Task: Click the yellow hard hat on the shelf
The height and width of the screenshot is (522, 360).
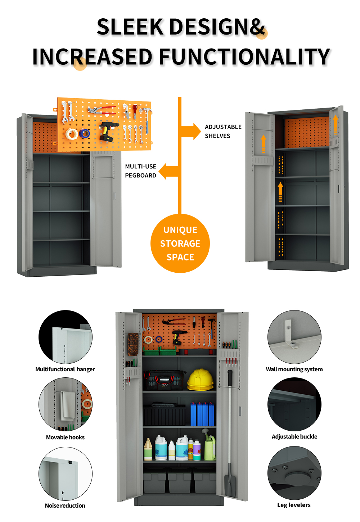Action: pyautogui.click(x=201, y=380)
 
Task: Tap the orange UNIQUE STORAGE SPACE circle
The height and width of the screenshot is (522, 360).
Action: pyautogui.click(x=180, y=244)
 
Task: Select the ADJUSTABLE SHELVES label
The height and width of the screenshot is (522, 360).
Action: pyautogui.click(x=223, y=131)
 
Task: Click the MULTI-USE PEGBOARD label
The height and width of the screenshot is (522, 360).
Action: pyautogui.click(x=140, y=171)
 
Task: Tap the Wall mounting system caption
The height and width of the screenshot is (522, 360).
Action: pyautogui.click(x=294, y=369)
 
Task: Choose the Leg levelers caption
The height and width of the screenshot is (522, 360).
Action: pyautogui.click(x=294, y=505)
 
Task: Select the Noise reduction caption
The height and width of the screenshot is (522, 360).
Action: pyautogui.click(x=65, y=505)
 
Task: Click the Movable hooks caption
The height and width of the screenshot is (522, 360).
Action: pyautogui.click(x=65, y=437)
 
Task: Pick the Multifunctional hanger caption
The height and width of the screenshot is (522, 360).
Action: pyautogui.click(x=65, y=369)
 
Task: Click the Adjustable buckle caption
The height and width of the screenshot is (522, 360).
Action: pyautogui.click(x=294, y=436)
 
